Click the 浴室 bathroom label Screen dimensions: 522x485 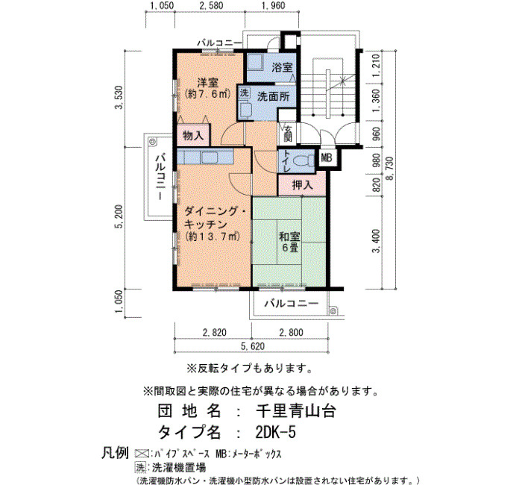(282, 67)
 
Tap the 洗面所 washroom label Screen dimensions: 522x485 (274, 96)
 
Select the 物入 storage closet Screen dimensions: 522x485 (193, 135)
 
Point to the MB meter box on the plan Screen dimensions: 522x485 (326, 157)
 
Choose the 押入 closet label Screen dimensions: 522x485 (302, 184)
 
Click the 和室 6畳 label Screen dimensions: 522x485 (289, 242)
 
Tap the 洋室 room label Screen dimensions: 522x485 (207, 82)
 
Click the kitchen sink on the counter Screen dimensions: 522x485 (210, 157)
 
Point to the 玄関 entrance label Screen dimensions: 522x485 (288, 133)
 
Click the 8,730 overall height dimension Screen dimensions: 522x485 (389, 168)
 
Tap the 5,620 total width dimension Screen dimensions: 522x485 (252, 346)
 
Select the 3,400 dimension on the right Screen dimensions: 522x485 (376, 240)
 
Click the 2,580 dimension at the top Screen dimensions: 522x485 (210, 6)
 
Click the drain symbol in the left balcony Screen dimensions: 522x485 (152, 141)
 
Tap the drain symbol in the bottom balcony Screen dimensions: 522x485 (333, 311)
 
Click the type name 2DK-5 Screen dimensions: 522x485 (275, 432)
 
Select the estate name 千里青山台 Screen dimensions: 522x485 (295, 411)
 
